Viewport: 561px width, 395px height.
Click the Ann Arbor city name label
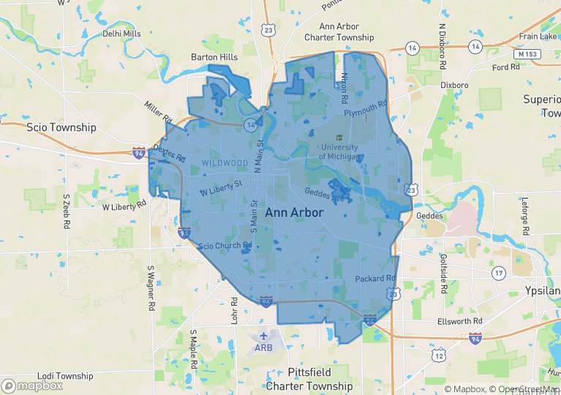coord(293,212)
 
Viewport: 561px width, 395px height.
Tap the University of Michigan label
coord(339,152)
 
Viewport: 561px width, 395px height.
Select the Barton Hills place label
coord(214,56)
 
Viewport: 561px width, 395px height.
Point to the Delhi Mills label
coord(121,34)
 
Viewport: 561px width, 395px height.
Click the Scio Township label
coord(61,127)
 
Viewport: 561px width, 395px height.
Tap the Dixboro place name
coord(454,85)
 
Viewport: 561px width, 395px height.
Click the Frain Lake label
coord(538,37)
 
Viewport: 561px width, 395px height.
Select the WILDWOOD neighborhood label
coord(225,163)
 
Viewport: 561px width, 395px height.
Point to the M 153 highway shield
coord(527,54)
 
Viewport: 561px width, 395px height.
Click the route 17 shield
coord(499,273)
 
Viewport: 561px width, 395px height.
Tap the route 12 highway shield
coord(438,355)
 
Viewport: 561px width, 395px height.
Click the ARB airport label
coord(263,347)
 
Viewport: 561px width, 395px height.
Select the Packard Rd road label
coord(375,279)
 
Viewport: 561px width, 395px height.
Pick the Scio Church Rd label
coord(225,246)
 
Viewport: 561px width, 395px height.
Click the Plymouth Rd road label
coord(365,108)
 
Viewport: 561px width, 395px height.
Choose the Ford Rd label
coord(505,67)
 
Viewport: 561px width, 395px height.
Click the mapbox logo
coord(32,385)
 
